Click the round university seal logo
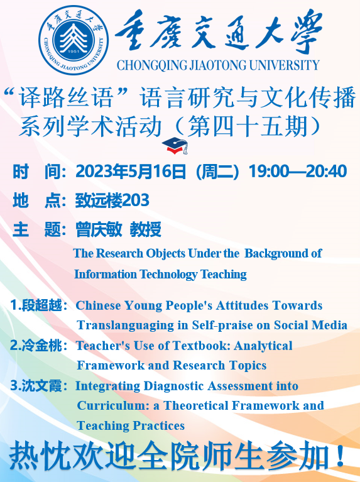74,40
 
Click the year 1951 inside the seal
74,52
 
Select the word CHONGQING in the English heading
151,65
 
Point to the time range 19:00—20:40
298,171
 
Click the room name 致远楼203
112,200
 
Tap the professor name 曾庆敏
99,229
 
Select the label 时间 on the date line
37,171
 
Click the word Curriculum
112,405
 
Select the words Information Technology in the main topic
136,274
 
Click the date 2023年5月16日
131,171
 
